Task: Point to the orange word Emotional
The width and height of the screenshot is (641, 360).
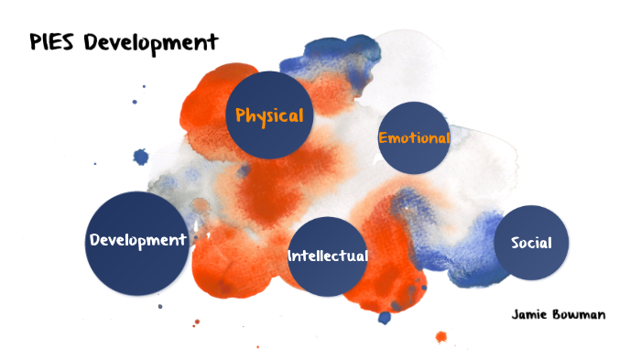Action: point(414,138)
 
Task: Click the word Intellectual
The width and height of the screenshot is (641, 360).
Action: point(328,256)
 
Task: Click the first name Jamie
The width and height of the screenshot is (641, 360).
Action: point(531,314)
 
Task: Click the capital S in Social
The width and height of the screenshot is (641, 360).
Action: point(516,243)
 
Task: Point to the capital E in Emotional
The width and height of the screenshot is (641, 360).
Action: point(383,138)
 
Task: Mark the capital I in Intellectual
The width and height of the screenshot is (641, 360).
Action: point(290,256)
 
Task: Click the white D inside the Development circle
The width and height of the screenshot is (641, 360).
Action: point(94,240)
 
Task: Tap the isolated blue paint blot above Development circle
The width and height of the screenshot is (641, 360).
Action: point(140,157)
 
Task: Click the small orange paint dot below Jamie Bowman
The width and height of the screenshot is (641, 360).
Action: point(440,336)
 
